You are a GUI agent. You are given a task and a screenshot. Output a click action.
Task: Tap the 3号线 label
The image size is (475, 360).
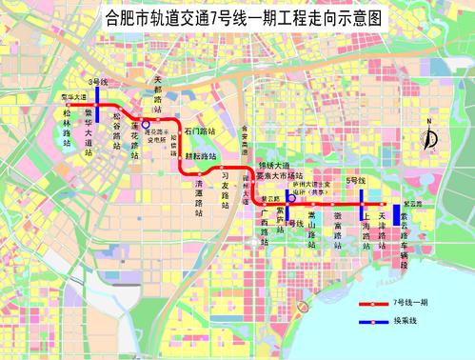(x=96, y=83)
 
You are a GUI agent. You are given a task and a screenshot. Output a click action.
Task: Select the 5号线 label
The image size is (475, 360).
(x=357, y=180)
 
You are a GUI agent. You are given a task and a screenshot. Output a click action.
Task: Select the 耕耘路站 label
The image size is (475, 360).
(x=200, y=154)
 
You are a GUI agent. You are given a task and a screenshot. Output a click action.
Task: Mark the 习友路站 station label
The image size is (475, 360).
(x=225, y=188)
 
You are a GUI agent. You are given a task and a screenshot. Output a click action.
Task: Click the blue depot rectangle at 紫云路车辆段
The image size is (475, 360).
(x=396, y=214)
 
